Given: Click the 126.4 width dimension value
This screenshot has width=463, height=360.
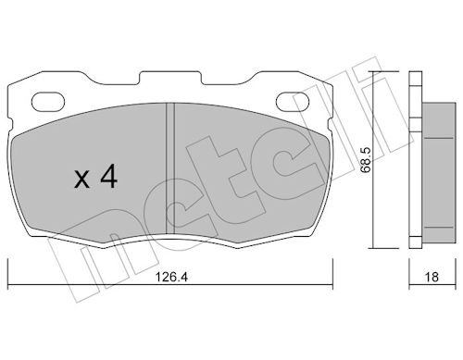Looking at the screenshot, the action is coord(171,277).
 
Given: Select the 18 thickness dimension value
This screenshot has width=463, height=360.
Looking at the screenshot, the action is coord(432,277).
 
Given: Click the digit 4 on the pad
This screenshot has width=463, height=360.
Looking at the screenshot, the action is coord(109,176).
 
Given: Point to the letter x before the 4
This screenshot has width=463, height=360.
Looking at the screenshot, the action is coord(81,180).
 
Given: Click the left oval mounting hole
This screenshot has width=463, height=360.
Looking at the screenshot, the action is coord(48,101).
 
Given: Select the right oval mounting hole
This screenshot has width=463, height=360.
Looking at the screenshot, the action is coord(292,101).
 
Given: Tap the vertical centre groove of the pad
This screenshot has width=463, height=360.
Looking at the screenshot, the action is coord(170,168).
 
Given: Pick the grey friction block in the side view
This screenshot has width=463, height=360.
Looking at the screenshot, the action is coord(439,172).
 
